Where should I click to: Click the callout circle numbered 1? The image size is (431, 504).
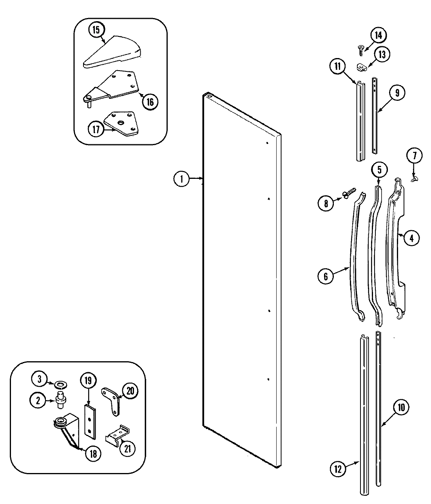point(181,179)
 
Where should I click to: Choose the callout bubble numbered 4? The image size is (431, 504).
point(411,238)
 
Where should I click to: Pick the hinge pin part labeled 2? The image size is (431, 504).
point(62,399)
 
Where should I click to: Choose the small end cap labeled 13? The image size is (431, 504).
point(362,67)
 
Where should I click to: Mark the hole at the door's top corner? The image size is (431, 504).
point(209,95)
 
